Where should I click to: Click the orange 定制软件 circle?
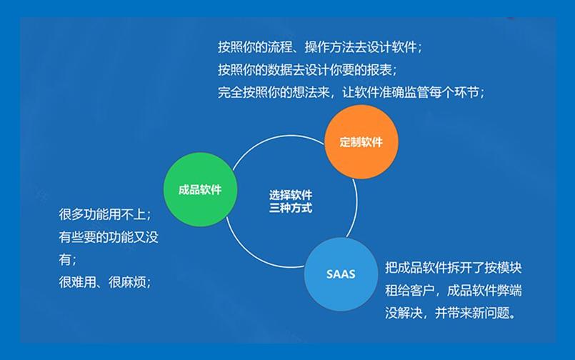coord(361,141)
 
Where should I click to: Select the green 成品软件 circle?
coord(200,190)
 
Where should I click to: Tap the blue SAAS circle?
coord(341,274)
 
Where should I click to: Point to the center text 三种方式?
coord(291,209)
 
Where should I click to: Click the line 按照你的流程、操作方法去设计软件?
coord(320,48)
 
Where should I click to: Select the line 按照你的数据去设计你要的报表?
coord(307,70)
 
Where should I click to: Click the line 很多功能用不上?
coord(105,214)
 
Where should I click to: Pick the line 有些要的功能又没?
coord(109,236)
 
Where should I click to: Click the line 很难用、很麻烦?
coord(105,281)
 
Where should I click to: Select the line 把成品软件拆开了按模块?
coord(453,269)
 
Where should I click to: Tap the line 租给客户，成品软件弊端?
coord(453,291)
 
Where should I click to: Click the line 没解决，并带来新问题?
coord(450,313)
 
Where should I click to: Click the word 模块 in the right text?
coord(507,269)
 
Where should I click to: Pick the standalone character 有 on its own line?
coord(66,259)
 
